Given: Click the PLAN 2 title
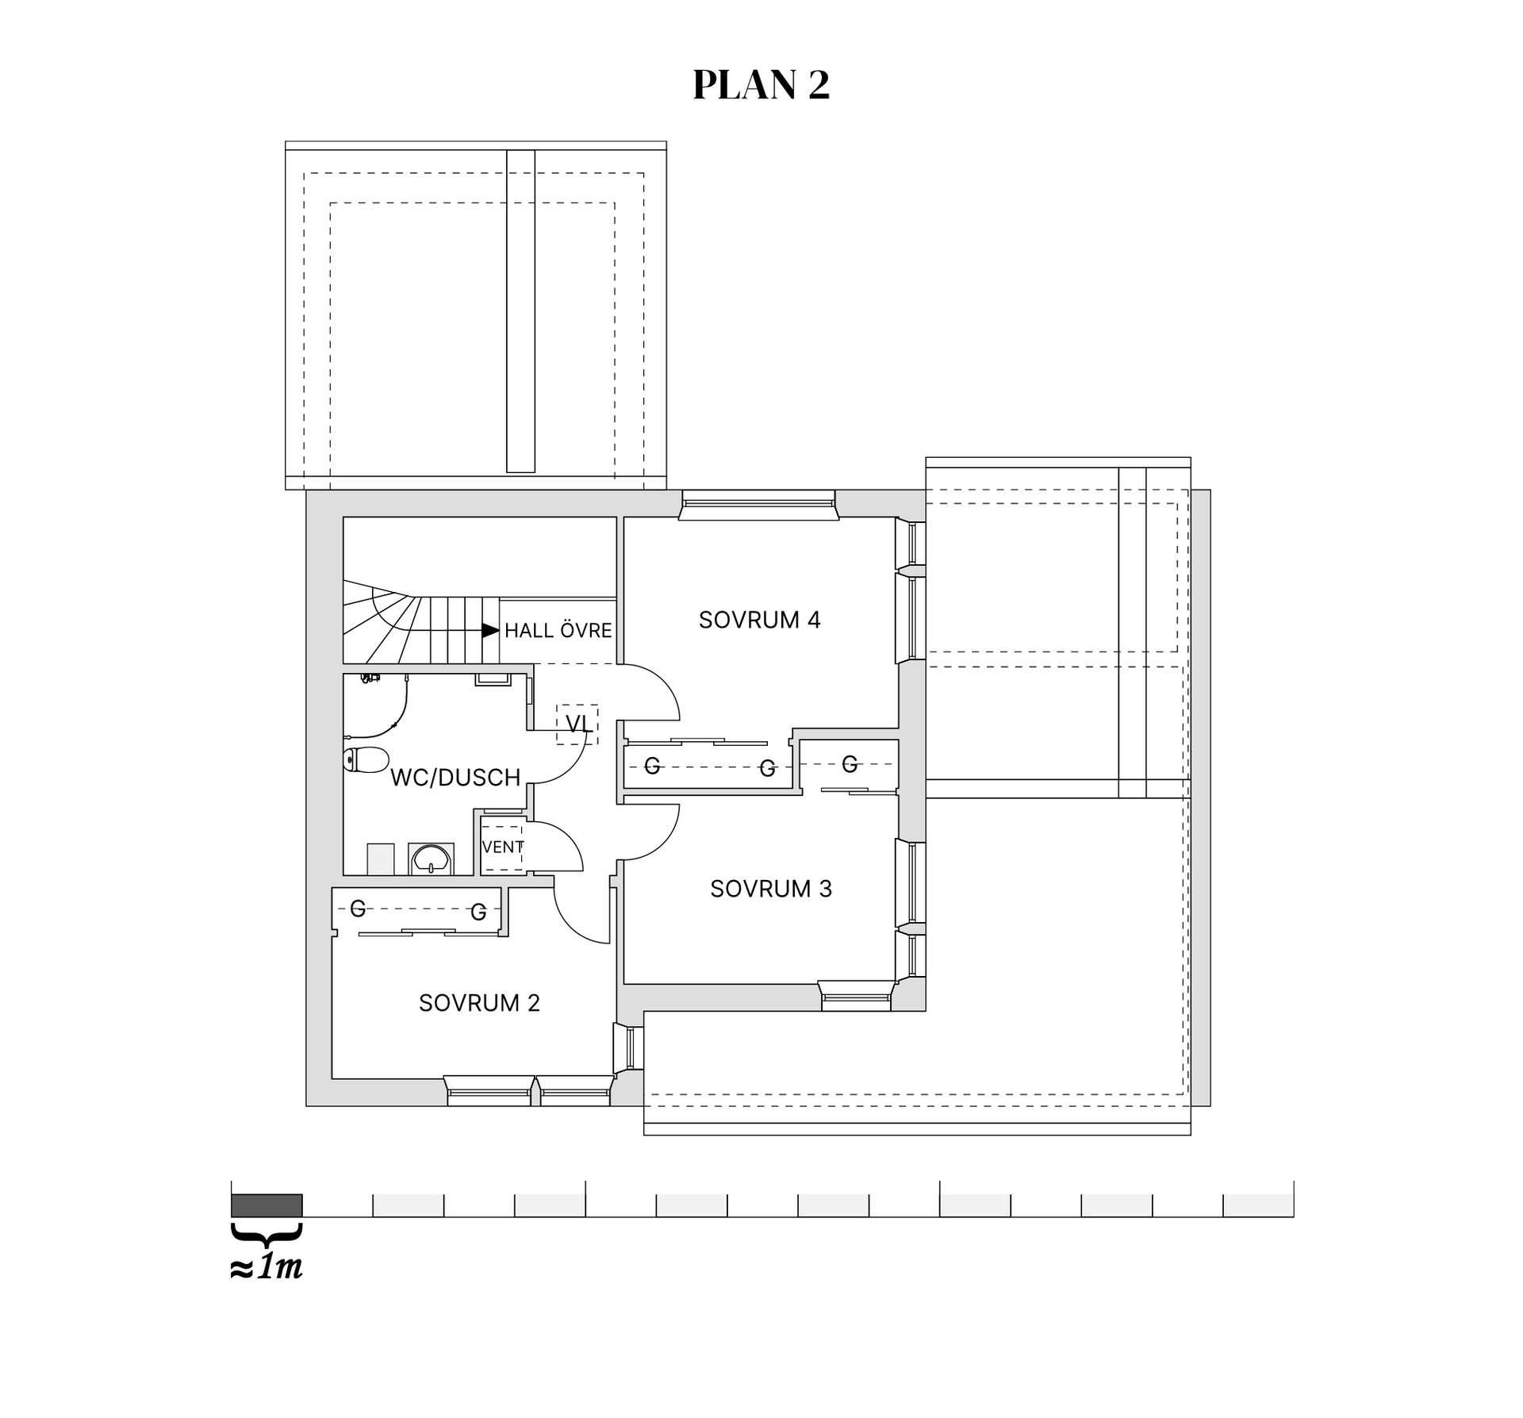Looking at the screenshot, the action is pos(761,85).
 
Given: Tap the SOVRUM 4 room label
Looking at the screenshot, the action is pos(759,620).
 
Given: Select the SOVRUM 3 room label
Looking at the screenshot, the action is pos(771,889).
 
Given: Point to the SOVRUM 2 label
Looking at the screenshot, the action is pos(479,1003).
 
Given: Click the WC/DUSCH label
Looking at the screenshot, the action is pos(455,778).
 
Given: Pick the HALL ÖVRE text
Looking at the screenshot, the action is pos(558,630).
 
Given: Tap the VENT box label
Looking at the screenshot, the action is pos(503,847).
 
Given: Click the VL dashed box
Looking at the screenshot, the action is pos(577,724).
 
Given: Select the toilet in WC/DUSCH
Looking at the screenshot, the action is pos(366,759).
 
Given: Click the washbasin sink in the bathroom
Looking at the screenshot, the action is pos(432,858).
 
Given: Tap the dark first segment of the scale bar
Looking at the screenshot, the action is pos(267,1205).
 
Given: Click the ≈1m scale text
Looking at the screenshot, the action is pos(267,1268).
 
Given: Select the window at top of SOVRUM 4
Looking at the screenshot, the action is pos(758,505).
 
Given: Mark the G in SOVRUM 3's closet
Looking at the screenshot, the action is pos(850,764).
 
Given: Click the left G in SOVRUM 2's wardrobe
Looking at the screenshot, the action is pos(358,909).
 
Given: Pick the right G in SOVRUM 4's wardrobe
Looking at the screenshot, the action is pos(767,768).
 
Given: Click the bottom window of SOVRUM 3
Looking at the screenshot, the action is pos(857,996).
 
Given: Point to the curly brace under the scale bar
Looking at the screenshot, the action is pos(267,1234).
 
